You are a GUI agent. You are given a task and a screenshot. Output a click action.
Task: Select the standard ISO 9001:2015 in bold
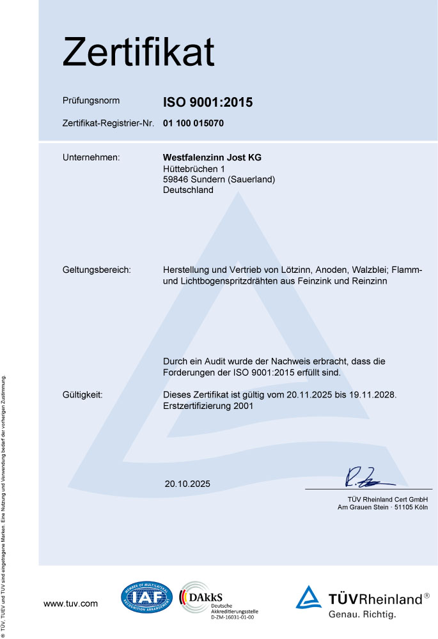click(208, 102)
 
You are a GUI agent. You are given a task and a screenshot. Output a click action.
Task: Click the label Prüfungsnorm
click(91, 101)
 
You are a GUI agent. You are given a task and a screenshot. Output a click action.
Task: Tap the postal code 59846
click(176, 180)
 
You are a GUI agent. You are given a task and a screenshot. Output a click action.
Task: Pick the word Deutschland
click(188, 190)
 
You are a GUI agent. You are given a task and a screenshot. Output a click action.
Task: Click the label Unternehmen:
click(91, 157)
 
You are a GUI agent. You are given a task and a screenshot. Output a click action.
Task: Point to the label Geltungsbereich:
click(97, 270)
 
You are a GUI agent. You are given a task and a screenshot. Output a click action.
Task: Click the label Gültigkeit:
click(87, 395)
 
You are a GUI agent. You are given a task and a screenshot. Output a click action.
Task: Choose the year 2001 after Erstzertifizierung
click(244, 406)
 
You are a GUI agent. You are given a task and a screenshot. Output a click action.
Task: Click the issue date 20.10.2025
click(187, 484)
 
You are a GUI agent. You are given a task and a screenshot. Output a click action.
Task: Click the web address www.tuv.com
click(70, 603)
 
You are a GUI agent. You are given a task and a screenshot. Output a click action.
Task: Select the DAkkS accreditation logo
click(217, 601)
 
